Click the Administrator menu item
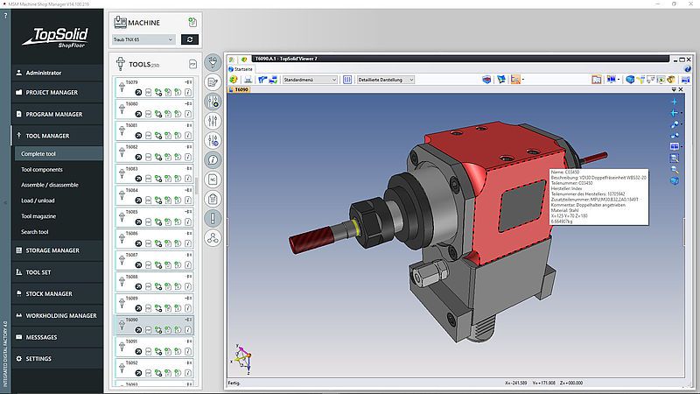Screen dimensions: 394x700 pos(44,73)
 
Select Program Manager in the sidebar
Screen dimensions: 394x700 pos(53,114)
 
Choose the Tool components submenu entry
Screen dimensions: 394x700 pos(42,169)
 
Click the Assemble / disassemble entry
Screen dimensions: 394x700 pos(50,185)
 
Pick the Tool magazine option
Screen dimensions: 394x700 pos(38,216)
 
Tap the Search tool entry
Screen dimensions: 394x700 pos(35,232)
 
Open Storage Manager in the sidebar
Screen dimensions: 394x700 pos(52,250)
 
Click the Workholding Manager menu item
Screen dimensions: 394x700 pos(60,315)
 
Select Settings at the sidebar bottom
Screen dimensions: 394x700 pos(38,359)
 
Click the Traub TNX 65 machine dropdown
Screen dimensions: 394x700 pos(143,39)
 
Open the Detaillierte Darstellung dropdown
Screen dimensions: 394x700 pos(385,80)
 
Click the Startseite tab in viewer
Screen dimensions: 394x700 pos(241,68)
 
